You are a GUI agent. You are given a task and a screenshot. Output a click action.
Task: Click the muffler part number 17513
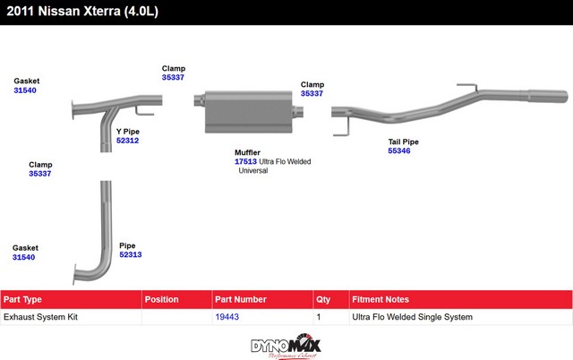[245, 161]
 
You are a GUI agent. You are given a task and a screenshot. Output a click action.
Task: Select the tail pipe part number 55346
[399, 150]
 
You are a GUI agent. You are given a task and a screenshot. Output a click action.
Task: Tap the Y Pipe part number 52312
[127, 141]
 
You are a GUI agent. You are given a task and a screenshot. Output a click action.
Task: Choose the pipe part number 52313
[131, 254]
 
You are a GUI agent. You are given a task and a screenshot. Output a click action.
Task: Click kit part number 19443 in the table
[227, 317]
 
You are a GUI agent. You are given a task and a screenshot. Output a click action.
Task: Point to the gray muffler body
[249, 111]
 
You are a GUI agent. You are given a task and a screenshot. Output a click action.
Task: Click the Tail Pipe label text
[404, 141]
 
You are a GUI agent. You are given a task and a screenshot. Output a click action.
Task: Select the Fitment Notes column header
[381, 299]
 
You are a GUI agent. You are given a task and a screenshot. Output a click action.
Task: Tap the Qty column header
[323, 300]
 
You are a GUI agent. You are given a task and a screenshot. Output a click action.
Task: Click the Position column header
[161, 299]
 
